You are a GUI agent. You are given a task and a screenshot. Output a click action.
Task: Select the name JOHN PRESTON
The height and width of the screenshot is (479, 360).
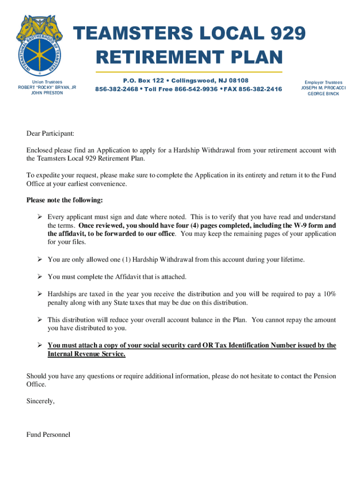pyautogui.click(x=47, y=93)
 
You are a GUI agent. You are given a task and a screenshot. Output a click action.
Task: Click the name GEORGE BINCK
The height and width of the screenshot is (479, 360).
pyautogui.click(x=323, y=94)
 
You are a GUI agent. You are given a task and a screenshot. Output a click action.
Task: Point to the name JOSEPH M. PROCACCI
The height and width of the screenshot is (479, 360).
pyautogui.click(x=323, y=88)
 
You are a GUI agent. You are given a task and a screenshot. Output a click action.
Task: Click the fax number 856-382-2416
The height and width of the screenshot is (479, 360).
pyautogui.click(x=260, y=89)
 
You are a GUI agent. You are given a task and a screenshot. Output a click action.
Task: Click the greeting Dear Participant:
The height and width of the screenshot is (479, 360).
pyautogui.click(x=50, y=134)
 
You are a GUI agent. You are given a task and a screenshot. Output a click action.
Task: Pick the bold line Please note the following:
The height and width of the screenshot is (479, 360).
pyautogui.click(x=65, y=200)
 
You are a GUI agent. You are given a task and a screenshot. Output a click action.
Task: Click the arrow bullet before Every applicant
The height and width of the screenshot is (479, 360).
pyautogui.click(x=40, y=217)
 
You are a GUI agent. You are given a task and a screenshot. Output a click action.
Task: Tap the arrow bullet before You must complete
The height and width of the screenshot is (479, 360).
pyautogui.click(x=40, y=277)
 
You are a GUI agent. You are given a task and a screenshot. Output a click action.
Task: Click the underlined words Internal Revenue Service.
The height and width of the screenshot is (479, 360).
pyautogui.click(x=86, y=354)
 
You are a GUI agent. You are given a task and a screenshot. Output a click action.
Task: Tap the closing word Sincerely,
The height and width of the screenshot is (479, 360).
pyautogui.click(x=41, y=401)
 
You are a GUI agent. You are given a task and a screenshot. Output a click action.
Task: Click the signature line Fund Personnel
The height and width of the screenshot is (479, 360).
pyautogui.click(x=48, y=435)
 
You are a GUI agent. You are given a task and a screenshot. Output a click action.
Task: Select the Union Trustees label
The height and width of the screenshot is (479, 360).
pyautogui.click(x=47, y=82)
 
